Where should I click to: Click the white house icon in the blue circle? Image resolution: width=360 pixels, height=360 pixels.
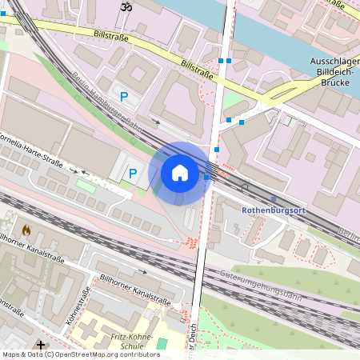pos(180,172)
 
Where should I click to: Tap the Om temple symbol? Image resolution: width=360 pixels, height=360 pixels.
pos(124,6)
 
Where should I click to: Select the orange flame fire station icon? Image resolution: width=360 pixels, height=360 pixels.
pos(26,230)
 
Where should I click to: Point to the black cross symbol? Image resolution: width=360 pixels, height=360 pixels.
pos(41,344)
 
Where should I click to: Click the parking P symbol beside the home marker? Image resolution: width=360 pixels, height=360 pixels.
pos(133,172)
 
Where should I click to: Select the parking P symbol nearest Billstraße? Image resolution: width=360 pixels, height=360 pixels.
pos(124,97)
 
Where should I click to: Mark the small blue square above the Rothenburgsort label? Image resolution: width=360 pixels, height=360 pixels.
pos(274,198)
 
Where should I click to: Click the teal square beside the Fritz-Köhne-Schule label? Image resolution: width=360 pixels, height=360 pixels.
pos(163,343)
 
